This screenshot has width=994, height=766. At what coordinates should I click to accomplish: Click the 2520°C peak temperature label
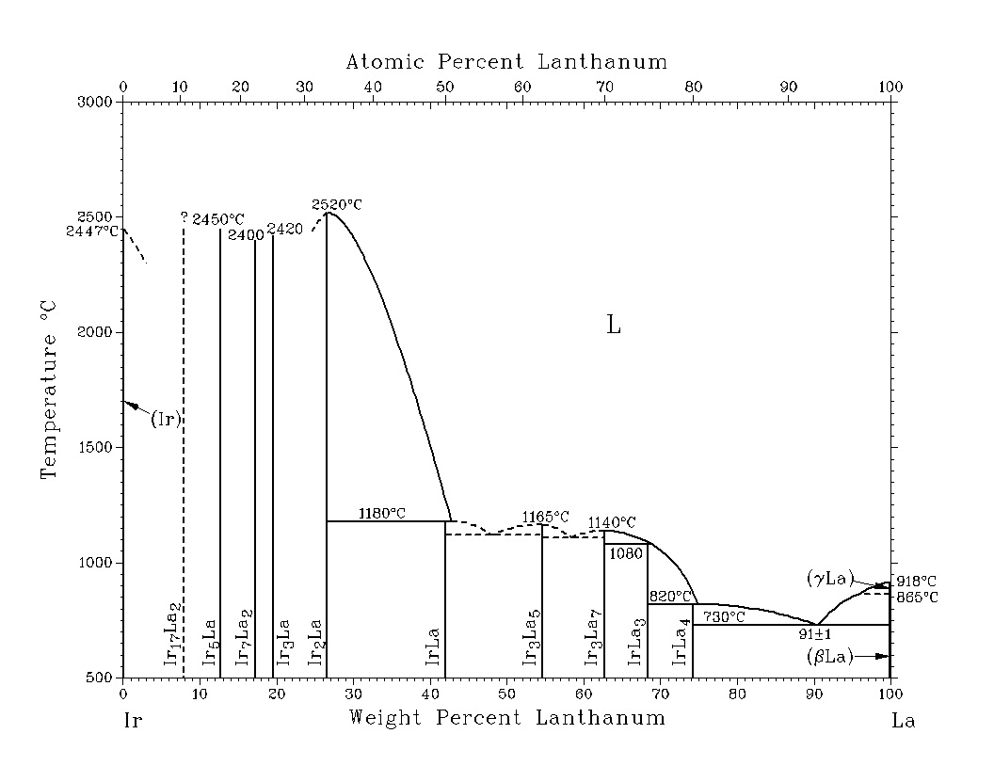[x=336, y=203]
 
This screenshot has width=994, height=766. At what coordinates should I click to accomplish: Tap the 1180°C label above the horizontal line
[x=382, y=513]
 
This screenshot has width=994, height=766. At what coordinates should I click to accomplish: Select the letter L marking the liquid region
[x=614, y=326]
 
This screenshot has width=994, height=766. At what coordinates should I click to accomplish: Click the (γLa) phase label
[x=829, y=579]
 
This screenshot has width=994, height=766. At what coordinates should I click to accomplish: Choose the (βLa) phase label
[x=829, y=656]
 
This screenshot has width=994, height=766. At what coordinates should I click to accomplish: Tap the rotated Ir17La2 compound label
[x=171, y=635]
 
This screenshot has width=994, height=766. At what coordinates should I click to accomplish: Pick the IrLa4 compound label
[x=681, y=642]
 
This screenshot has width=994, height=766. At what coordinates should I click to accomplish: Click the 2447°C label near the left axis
[x=93, y=231]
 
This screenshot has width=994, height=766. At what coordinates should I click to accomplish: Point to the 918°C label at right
[x=917, y=581]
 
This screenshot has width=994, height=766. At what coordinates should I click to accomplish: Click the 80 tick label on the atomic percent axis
[x=694, y=87]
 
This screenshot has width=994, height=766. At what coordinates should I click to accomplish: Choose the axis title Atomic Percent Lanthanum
[x=506, y=62]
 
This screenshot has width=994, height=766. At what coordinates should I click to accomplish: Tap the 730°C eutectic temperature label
[x=724, y=616]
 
